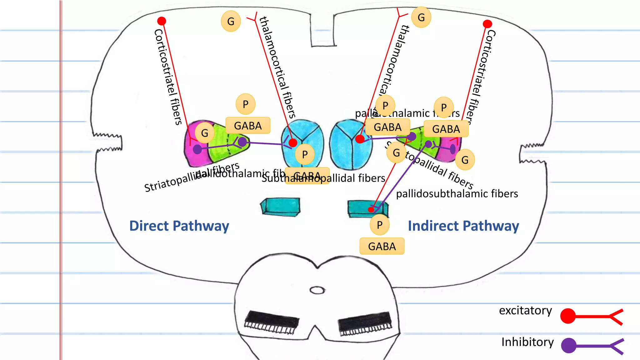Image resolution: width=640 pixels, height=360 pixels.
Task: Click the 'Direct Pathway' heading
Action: [179, 226]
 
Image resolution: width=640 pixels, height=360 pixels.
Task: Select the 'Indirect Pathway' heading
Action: [463, 226]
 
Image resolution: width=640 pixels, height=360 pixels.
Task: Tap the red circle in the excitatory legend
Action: [568, 316]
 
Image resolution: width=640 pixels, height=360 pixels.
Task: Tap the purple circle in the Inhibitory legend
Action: [568, 345]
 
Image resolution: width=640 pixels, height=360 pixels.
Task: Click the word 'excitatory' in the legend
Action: [525, 310]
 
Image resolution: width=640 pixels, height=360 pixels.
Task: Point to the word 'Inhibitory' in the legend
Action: [527, 342]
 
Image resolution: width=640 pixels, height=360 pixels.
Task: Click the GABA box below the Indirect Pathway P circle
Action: [382, 246]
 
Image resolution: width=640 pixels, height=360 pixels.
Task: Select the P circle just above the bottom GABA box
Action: [379, 225]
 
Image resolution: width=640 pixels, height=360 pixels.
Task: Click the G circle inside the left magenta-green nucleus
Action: [204, 133]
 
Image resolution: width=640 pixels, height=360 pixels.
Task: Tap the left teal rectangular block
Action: [280, 207]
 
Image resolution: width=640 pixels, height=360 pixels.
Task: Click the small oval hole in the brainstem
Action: [317, 290]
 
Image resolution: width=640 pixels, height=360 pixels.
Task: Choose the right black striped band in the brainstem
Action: [365, 323]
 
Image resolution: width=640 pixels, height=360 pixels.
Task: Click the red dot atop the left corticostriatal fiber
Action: [162, 21]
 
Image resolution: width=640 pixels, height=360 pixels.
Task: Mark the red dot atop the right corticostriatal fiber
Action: [487, 24]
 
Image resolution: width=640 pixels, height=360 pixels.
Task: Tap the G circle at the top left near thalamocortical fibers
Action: [231, 22]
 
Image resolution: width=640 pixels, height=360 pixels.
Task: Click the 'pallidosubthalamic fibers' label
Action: [457, 194]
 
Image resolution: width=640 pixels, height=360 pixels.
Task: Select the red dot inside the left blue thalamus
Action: [293, 143]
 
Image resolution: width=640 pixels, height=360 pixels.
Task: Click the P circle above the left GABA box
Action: [245, 104]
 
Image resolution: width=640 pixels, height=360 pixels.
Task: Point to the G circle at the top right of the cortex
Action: [421, 17]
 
